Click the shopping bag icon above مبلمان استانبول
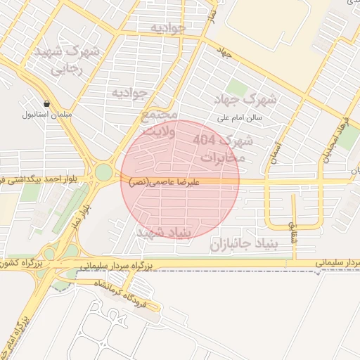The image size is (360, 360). coord(46,103)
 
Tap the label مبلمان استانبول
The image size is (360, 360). coord(46,114)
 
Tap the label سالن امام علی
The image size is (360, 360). coord(240,117)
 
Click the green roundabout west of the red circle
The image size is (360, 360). coord(104,172)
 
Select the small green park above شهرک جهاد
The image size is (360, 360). coord(237,88)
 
